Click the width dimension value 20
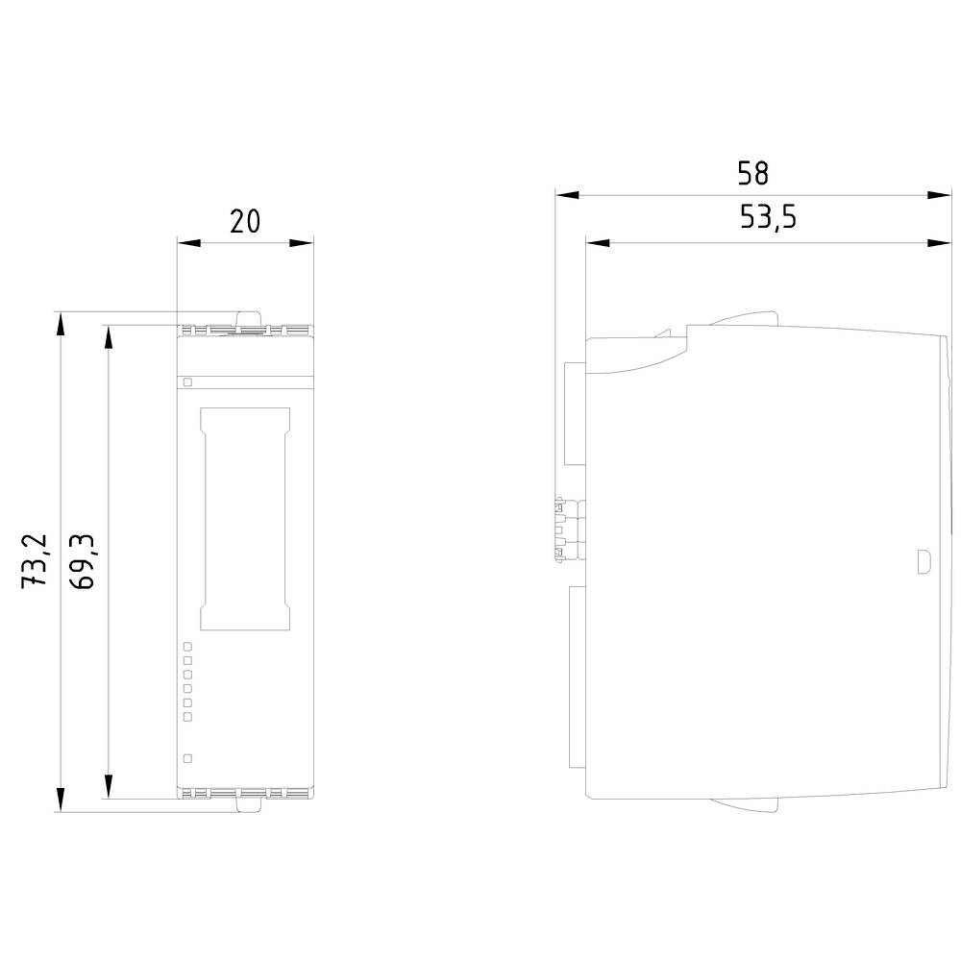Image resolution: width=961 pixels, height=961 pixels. pos(245,221)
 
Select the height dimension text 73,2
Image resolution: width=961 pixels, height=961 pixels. pos(37,562)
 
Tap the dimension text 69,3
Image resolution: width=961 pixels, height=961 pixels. pos(84,562)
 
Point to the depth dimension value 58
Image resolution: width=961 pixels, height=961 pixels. pos(752,173)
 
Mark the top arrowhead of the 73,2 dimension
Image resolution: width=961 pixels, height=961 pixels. pos(61,323)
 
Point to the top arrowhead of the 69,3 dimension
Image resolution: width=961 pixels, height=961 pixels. pos(108,335)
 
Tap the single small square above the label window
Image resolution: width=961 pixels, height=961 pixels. pos(187,382)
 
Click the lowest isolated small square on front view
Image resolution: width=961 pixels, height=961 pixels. pos(187,758)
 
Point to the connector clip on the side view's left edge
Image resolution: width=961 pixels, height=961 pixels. pos(559,527)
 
